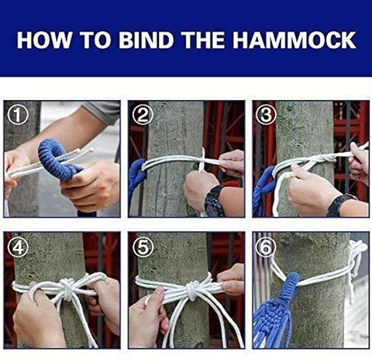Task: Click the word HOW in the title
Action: coord(43,40)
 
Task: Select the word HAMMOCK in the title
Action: coord(294,40)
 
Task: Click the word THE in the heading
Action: coord(203,40)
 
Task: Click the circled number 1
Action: coord(18,115)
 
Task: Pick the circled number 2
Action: coord(143,115)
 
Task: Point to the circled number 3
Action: coord(266,115)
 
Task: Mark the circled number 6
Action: coord(266,247)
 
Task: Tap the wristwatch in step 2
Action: coord(215,200)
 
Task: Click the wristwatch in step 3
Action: coord(341,204)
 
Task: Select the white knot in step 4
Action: coord(67,288)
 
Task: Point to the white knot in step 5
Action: coord(191,289)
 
